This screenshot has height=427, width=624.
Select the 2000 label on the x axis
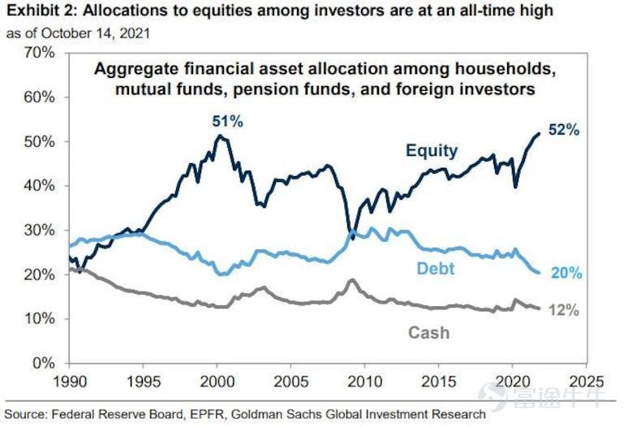tap(217, 380)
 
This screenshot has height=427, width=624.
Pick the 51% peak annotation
tap(226, 121)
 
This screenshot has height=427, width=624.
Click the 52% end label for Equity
tap(564, 129)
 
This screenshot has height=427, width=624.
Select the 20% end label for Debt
tap(566, 274)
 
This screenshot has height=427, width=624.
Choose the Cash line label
tap(428, 333)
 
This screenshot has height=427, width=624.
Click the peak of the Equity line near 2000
tap(217, 136)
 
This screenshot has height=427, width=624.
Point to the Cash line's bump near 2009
tap(351, 280)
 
